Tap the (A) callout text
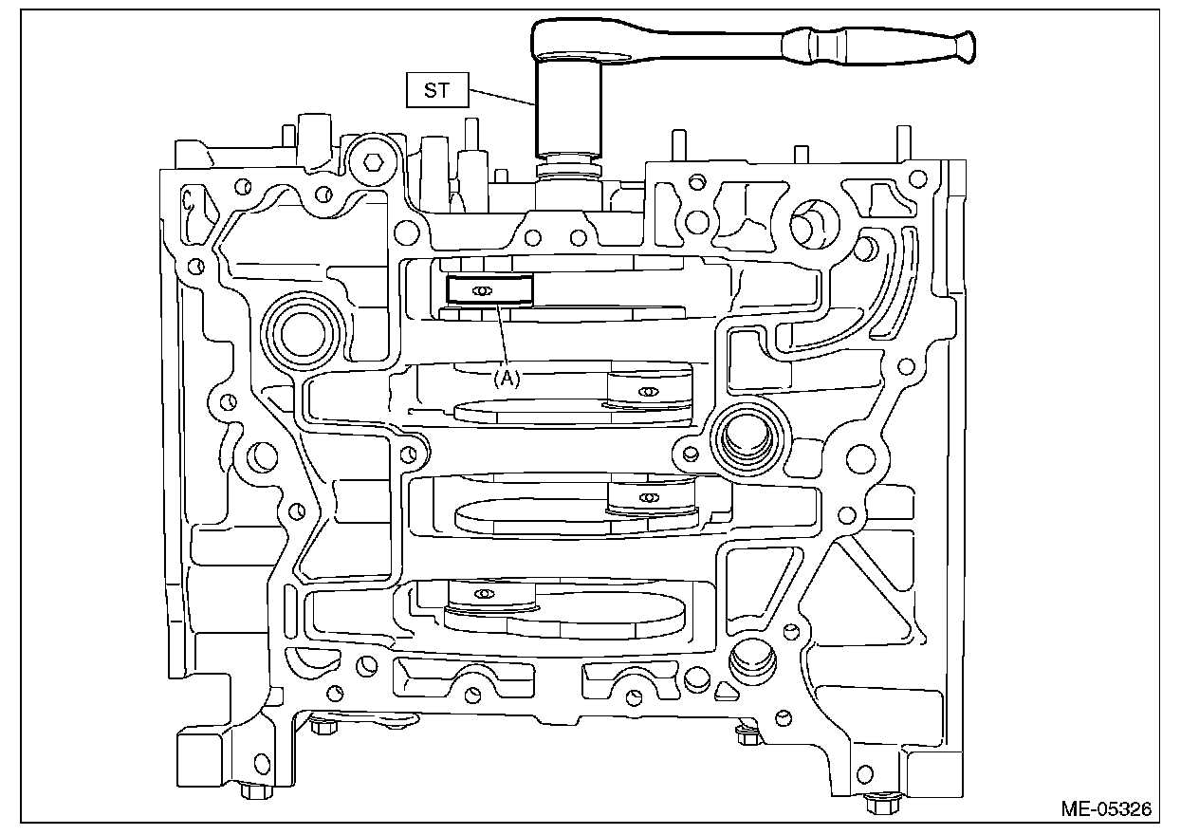507,378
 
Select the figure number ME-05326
1106,809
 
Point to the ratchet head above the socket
569,42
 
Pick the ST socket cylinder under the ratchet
568,109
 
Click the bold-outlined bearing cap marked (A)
490,290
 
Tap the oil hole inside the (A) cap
483,290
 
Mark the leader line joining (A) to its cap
501,337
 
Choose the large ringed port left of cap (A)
302,328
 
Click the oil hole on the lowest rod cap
484,594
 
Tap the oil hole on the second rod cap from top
648,392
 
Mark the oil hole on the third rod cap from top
648,497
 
